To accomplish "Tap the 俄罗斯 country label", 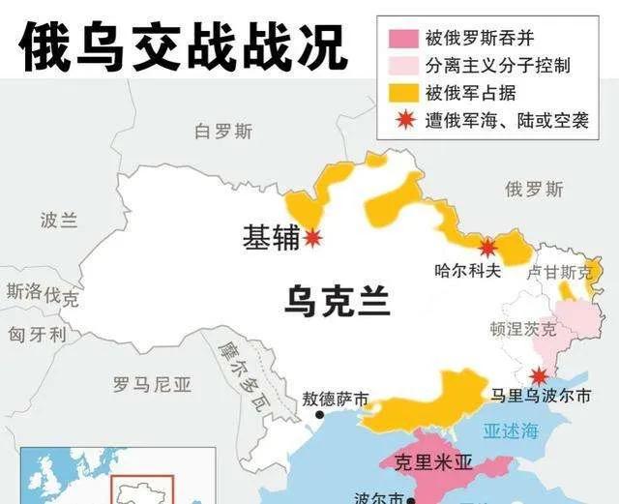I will [x=534, y=189].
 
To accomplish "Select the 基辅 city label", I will [x=272, y=238].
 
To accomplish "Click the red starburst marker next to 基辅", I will [x=312, y=238].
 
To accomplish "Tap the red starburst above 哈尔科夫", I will [x=488, y=247].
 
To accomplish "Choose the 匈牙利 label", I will [x=37, y=335].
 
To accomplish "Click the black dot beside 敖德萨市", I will [x=320, y=415].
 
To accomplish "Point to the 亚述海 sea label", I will [x=510, y=430].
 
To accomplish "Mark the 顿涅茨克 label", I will [x=523, y=329].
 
